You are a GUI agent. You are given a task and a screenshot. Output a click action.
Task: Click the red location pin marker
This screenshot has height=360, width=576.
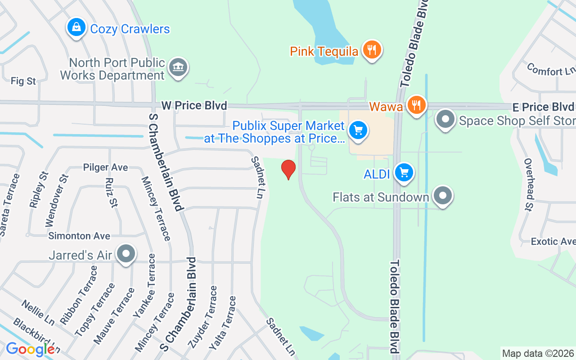pos(288,169)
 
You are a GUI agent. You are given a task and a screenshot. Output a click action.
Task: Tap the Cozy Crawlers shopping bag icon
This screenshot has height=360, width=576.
pos(77,28)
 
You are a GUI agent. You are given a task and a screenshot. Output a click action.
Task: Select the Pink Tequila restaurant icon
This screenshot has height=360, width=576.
pos(371,50)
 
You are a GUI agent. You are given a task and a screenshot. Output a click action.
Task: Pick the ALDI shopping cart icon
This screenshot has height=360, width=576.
pos(404,173)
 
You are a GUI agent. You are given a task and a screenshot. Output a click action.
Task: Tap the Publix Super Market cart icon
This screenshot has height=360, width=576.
pos(358,131)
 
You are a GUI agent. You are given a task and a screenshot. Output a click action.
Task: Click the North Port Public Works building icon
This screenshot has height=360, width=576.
pos(178,68)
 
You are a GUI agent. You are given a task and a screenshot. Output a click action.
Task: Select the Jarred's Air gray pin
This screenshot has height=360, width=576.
pos(126,254)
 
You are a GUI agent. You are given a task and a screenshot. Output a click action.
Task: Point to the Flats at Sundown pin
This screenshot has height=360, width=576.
pos(443,196)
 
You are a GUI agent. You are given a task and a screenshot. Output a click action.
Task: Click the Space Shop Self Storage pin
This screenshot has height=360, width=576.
pos(445,120)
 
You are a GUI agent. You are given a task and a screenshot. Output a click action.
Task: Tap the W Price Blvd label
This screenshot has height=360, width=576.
pos(194,106)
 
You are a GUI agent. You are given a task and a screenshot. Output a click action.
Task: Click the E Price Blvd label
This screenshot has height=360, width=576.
pos(543,107)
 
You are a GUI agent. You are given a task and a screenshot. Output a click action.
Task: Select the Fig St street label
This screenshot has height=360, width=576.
pos(23,81)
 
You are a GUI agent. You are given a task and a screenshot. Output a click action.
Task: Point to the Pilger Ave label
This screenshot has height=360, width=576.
pos(105,167)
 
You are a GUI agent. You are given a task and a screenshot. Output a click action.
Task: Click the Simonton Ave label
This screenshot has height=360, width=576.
pos(79,236)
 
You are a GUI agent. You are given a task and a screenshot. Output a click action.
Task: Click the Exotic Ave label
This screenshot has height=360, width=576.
pos(553,242)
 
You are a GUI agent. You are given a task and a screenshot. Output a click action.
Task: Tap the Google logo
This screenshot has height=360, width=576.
pos(30,349)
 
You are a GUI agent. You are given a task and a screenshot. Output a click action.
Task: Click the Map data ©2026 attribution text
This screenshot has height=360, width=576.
pos(538,353)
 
